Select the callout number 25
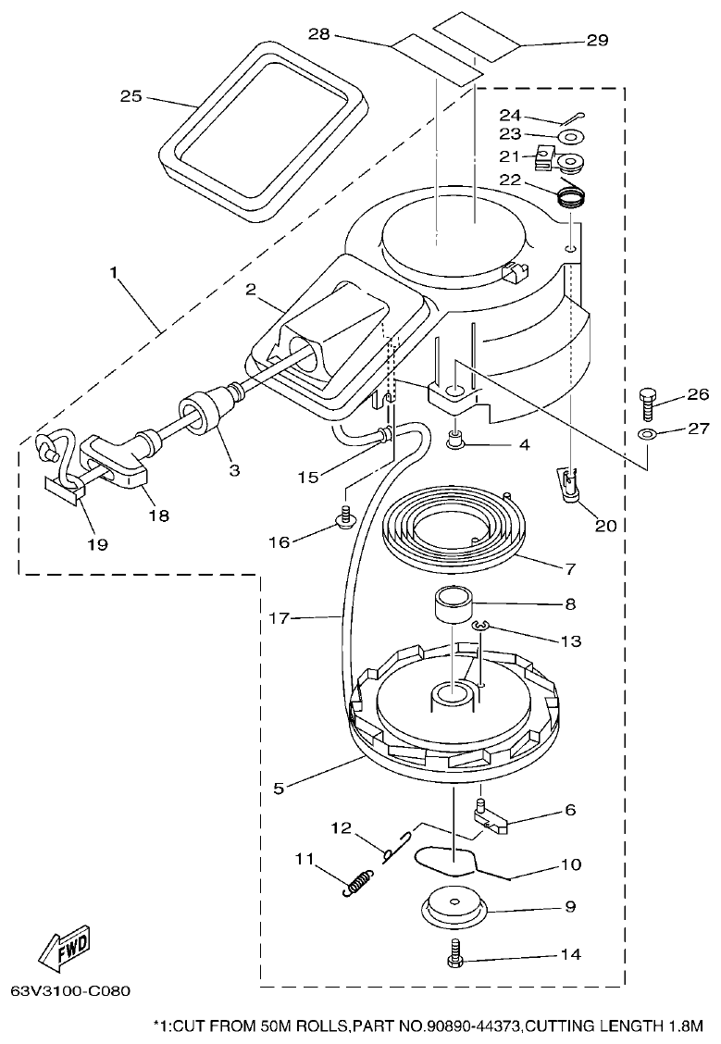131,95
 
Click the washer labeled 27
648,434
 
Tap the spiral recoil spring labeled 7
454,532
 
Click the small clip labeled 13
479,628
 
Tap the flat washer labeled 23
570,138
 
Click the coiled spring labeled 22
572,196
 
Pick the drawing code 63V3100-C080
71,990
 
